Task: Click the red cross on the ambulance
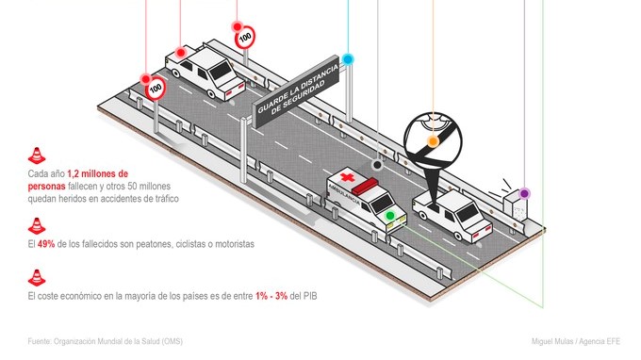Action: pos(347,178)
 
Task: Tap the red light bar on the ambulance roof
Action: pos(366,186)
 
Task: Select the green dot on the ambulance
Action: pos(390,216)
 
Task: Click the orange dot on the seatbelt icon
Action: pos(433,141)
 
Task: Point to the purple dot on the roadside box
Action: pos(524,193)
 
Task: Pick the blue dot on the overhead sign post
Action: pos(348,59)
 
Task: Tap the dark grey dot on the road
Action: pos(377,165)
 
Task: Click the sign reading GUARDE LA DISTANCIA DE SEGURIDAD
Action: pos(297,90)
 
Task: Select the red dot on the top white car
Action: pos(180,53)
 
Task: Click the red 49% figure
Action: pos(46,244)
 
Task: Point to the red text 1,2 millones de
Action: pos(98,173)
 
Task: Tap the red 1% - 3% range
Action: pos(271,296)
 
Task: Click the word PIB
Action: pos(310,296)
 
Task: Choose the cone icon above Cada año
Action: pos(37,155)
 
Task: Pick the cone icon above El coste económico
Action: pos(37,278)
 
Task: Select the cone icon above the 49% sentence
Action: pos(37,226)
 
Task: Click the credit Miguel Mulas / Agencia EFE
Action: pos(576,341)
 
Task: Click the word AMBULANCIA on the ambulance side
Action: pos(345,195)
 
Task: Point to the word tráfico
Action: pos(165,199)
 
